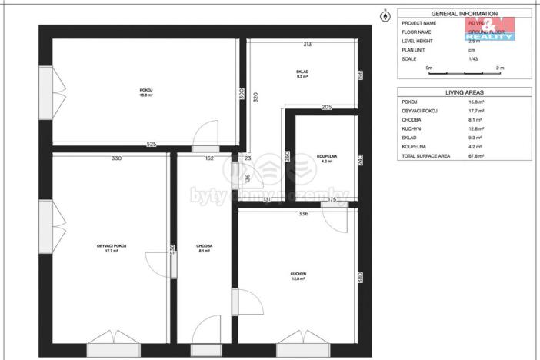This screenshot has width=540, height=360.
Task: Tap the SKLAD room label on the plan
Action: (x=302, y=74)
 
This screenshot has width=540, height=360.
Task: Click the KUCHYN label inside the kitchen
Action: (x=298, y=275)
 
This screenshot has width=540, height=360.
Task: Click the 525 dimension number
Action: (x=152, y=145)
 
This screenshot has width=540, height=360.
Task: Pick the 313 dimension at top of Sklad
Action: (x=307, y=45)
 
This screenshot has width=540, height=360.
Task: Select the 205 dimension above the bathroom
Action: (x=326, y=108)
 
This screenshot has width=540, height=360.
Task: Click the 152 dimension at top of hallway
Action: (x=209, y=158)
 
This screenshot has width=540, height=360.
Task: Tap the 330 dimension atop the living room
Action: (x=116, y=158)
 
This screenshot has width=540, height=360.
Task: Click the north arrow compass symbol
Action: (x=385, y=15)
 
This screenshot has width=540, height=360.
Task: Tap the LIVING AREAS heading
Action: (x=465, y=92)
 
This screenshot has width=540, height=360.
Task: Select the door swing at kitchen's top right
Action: (x=335, y=218)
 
